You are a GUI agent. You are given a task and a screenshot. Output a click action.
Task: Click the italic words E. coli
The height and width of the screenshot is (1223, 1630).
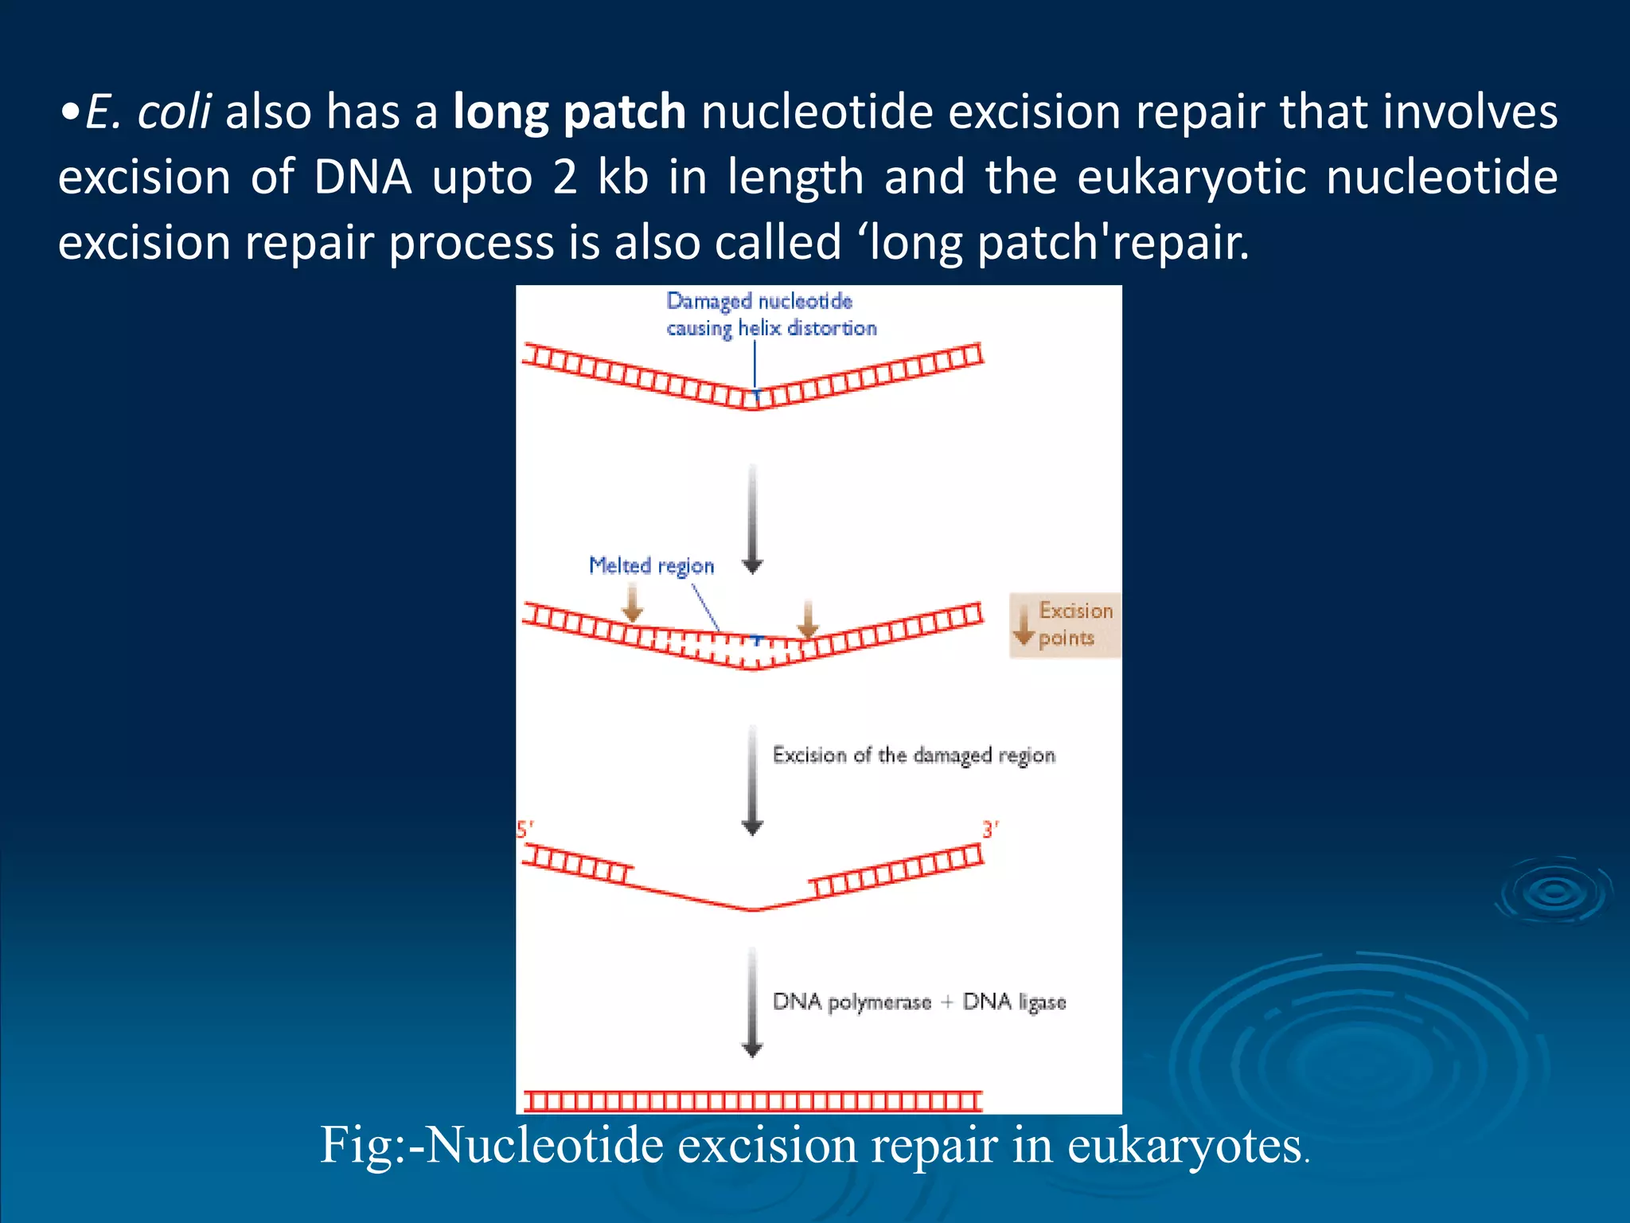click(x=148, y=111)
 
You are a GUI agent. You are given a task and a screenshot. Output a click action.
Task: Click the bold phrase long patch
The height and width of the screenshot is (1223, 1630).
click(x=569, y=111)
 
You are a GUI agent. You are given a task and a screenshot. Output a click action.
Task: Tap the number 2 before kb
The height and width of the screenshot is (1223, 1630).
click(x=564, y=177)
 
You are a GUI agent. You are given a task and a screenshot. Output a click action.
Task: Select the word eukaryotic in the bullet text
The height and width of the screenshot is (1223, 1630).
click(x=1191, y=177)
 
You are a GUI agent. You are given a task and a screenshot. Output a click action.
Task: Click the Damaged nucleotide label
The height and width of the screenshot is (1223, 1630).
click(x=759, y=302)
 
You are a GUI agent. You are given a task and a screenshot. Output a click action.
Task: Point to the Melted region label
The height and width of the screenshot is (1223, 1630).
click(x=651, y=565)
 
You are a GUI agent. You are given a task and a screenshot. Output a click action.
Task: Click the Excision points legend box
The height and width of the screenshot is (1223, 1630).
click(x=1064, y=625)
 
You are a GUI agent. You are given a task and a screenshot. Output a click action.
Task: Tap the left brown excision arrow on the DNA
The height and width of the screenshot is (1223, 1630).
click(x=632, y=603)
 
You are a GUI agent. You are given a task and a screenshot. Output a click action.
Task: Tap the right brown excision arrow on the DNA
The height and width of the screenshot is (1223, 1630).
click(x=808, y=619)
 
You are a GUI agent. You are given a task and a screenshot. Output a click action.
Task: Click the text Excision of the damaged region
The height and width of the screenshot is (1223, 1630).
click(x=914, y=755)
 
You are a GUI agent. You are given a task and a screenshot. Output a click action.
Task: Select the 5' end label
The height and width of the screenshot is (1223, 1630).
click(x=524, y=830)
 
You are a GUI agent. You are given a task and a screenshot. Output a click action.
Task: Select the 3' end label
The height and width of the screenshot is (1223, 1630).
click(x=990, y=830)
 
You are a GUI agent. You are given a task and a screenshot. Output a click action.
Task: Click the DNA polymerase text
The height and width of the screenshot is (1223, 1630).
click(x=852, y=1002)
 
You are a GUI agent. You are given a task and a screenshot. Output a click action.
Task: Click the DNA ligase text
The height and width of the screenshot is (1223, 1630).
click(x=1014, y=1002)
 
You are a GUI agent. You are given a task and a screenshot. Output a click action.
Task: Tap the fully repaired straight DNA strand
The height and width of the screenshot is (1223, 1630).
click(x=752, y=1101)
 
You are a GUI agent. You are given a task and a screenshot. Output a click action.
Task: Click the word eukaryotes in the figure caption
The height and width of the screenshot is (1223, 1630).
click(x=1184, y=1146)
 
